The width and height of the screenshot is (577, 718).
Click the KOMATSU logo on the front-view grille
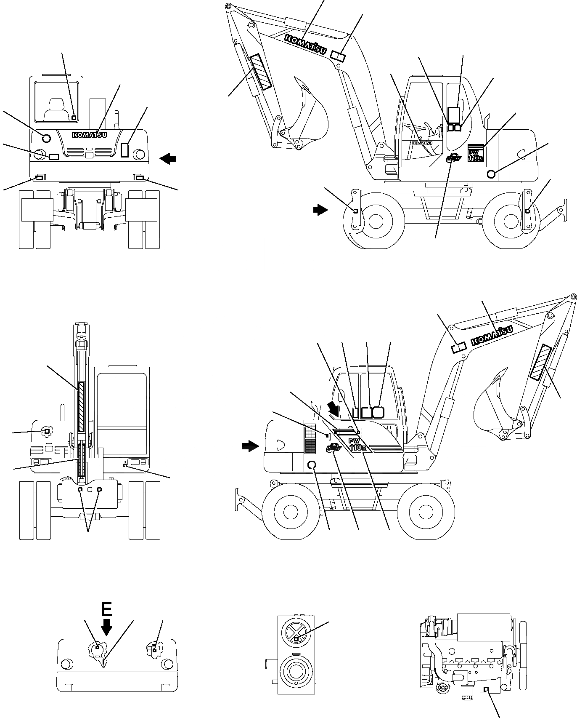coord(90,135)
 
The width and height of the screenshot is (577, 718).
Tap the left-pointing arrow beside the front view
coord(168,159)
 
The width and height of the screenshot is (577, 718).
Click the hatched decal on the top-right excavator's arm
coord(261,72)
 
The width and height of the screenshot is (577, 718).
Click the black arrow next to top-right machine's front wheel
coord(320,209)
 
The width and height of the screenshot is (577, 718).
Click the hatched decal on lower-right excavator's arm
coord(541,362)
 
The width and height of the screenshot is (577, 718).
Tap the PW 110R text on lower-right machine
coord(358,446)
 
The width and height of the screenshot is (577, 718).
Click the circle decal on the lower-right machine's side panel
coord(312,465)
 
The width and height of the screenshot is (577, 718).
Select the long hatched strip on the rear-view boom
coord(82,407)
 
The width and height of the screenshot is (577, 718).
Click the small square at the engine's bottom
coord(486,689)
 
